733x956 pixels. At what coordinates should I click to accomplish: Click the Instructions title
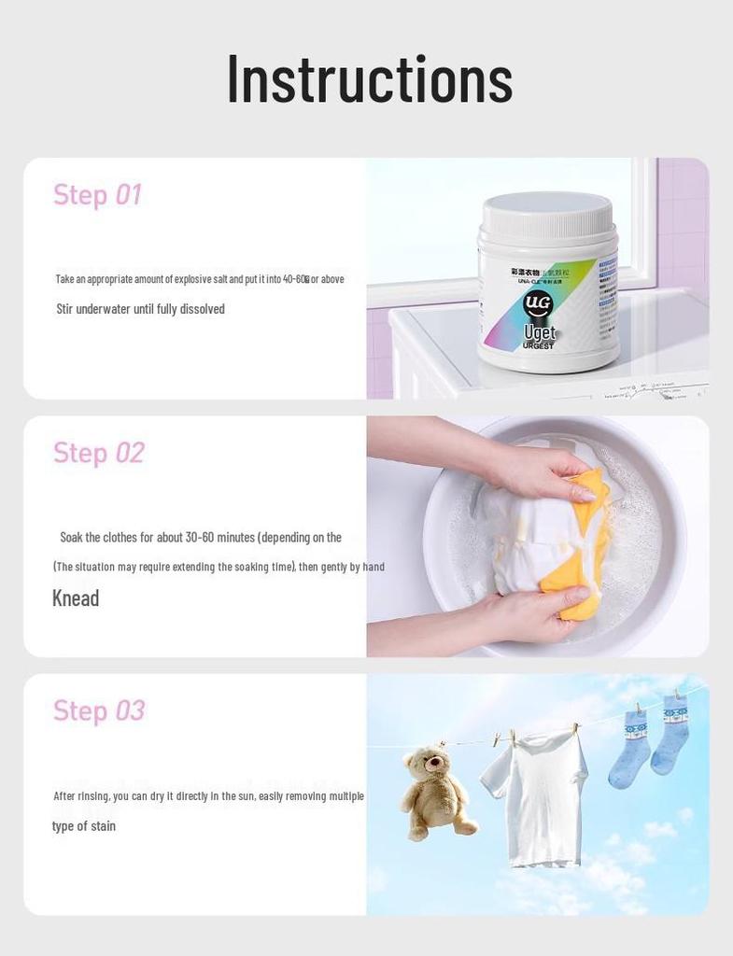pos(370,80)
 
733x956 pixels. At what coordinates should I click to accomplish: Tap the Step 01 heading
pos(97,194)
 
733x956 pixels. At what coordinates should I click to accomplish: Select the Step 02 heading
pos(98,453)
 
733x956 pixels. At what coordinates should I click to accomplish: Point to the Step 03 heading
pos(98,710)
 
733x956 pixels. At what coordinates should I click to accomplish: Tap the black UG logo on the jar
pos(539,304)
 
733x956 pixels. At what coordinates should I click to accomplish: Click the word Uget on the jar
pos(540,332)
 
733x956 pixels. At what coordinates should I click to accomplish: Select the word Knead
pos(76,598)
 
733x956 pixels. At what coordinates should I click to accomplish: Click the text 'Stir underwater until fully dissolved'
pos(140,309)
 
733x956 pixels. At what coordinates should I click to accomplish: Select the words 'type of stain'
pos(84,826)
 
